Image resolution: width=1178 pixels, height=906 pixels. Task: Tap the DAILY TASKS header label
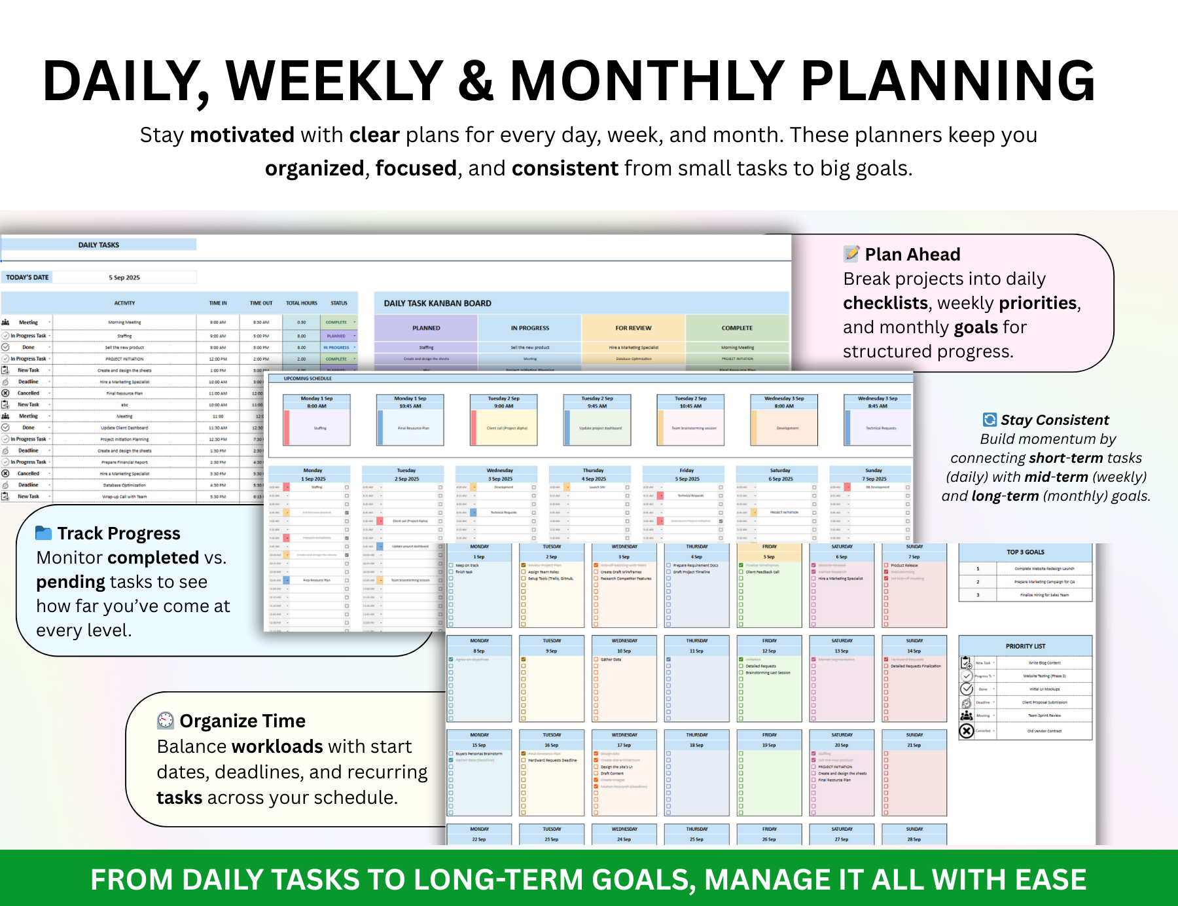point(99,245)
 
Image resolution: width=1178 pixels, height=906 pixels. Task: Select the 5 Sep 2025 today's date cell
point(124,278)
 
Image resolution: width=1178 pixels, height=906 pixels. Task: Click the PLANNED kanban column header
point(426,328)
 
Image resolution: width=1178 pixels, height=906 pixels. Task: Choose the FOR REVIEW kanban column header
point(633,328)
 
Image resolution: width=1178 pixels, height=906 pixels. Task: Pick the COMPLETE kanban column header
point(737,328)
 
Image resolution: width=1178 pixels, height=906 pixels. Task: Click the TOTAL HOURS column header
point(301,303)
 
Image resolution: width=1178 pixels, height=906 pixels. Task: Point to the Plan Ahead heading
point(912,255)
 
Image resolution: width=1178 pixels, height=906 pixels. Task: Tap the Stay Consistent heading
point(1054,420)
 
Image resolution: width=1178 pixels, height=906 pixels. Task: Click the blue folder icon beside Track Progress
point(43,533)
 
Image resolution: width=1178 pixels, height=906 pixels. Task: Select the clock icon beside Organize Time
point(166,721)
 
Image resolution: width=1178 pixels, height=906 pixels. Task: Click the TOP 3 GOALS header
point(1025,553)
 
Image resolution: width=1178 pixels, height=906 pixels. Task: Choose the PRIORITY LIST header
point(1025,646)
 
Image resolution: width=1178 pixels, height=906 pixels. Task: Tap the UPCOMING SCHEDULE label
point(308,378)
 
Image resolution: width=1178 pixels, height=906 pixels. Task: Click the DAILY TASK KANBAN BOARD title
point(437,304)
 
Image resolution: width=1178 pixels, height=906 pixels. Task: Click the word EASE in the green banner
point(1050,880)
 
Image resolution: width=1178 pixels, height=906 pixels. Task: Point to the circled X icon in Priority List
point(967,731)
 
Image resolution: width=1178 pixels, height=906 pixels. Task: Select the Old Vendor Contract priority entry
point(1044,731)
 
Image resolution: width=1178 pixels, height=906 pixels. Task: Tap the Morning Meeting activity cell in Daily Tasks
point(124,323)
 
